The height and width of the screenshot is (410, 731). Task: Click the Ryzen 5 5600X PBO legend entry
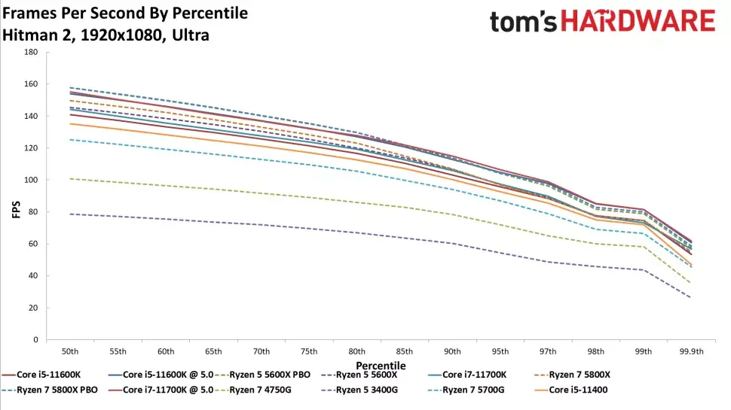tap(260, 375)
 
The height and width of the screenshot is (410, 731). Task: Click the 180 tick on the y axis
tap(31, 53)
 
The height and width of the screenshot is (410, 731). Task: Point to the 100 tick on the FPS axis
tap(31, 180)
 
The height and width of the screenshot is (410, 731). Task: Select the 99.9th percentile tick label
tap(691, 351)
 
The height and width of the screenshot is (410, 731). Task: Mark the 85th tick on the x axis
tap(403, 351)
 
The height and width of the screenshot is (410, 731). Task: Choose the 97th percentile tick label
tap(547, 351)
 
